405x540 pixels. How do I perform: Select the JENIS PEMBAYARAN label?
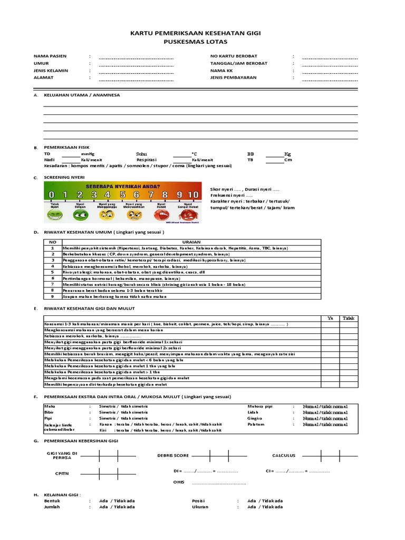tap(233, 77)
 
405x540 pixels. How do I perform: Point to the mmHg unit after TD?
tap(88, 153)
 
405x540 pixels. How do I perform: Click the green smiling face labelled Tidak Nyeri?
tap(54, 215)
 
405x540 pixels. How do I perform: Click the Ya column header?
tap(331, 318)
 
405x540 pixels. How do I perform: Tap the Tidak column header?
tap(349, 318)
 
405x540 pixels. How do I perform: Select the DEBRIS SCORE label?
tap(173, 455)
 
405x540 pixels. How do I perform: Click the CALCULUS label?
tap(284, 455)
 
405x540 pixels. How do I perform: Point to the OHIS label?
tap(179, 482)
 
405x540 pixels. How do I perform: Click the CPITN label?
tap(62, 474)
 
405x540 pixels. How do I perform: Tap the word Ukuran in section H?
tap(200, 507)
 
